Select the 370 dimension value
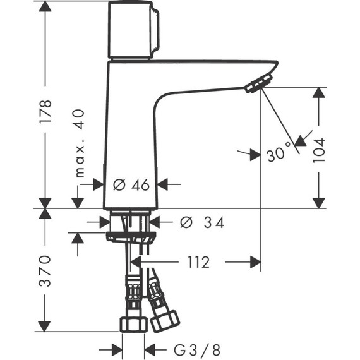[45, 271]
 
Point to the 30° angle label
[278, 152]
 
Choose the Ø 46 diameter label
[131, 184]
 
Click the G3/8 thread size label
[188, 349]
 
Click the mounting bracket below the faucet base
[131, 237]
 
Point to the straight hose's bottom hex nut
[133, 323]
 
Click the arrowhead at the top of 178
[45, 8]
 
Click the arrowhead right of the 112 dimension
[253, 262]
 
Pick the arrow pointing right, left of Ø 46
[98, 184]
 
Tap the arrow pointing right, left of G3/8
[116, 349]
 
